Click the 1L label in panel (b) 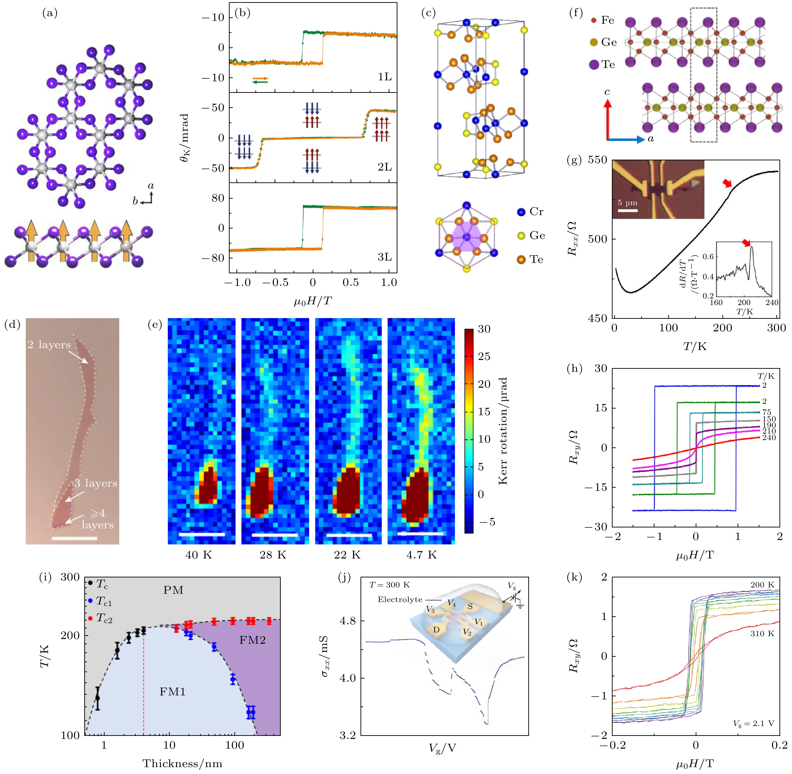point(384,77)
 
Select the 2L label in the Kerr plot point(384,167)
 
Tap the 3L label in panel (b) point(384,257)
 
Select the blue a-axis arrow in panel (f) point(626,139)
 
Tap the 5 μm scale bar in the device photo point(627,210)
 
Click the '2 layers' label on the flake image point(49,345)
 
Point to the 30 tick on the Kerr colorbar point(484,329)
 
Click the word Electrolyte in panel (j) point(400,600)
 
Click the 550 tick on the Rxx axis point(597,160)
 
